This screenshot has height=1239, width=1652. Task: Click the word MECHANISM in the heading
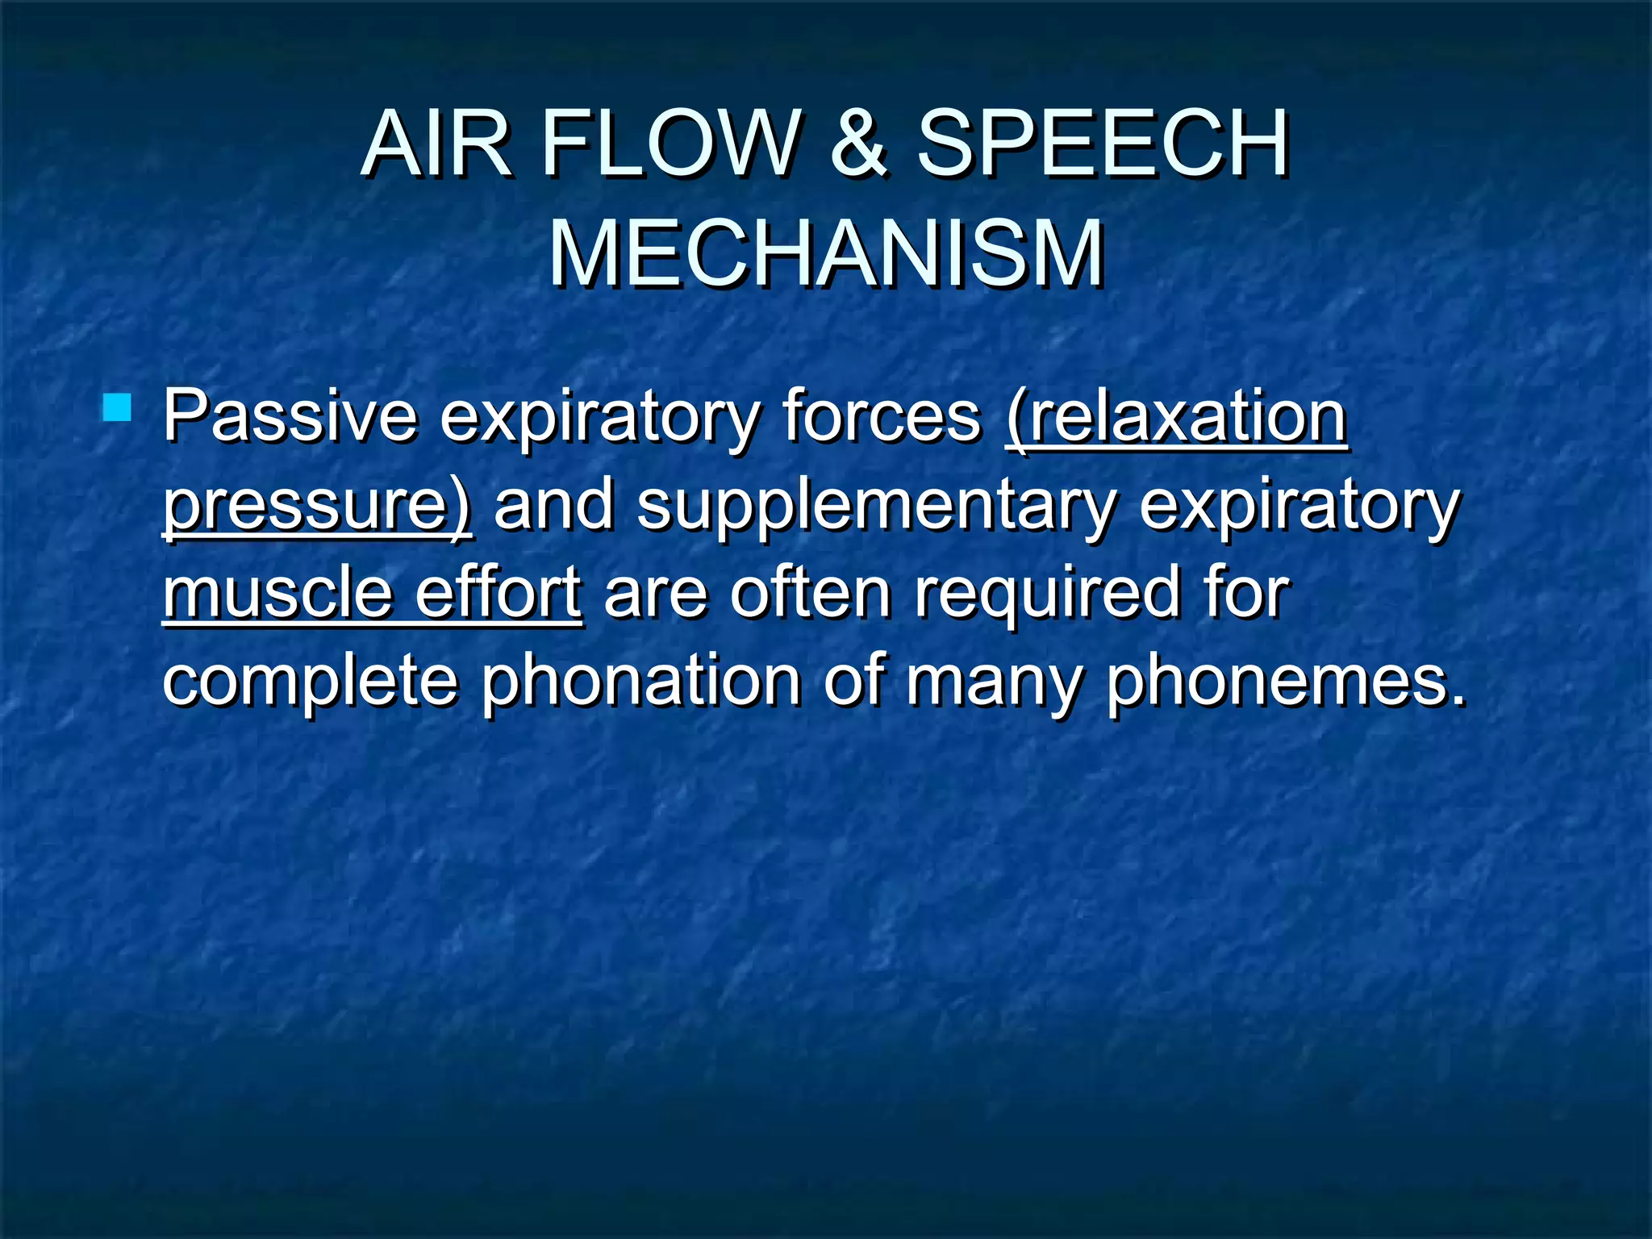(826, 253)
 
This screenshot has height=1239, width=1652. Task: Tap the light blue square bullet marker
(117, 407)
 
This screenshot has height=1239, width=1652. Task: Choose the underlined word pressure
(315, 507)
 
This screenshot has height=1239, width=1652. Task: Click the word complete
(311, 682)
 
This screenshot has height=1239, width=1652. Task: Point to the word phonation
(641, 682)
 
